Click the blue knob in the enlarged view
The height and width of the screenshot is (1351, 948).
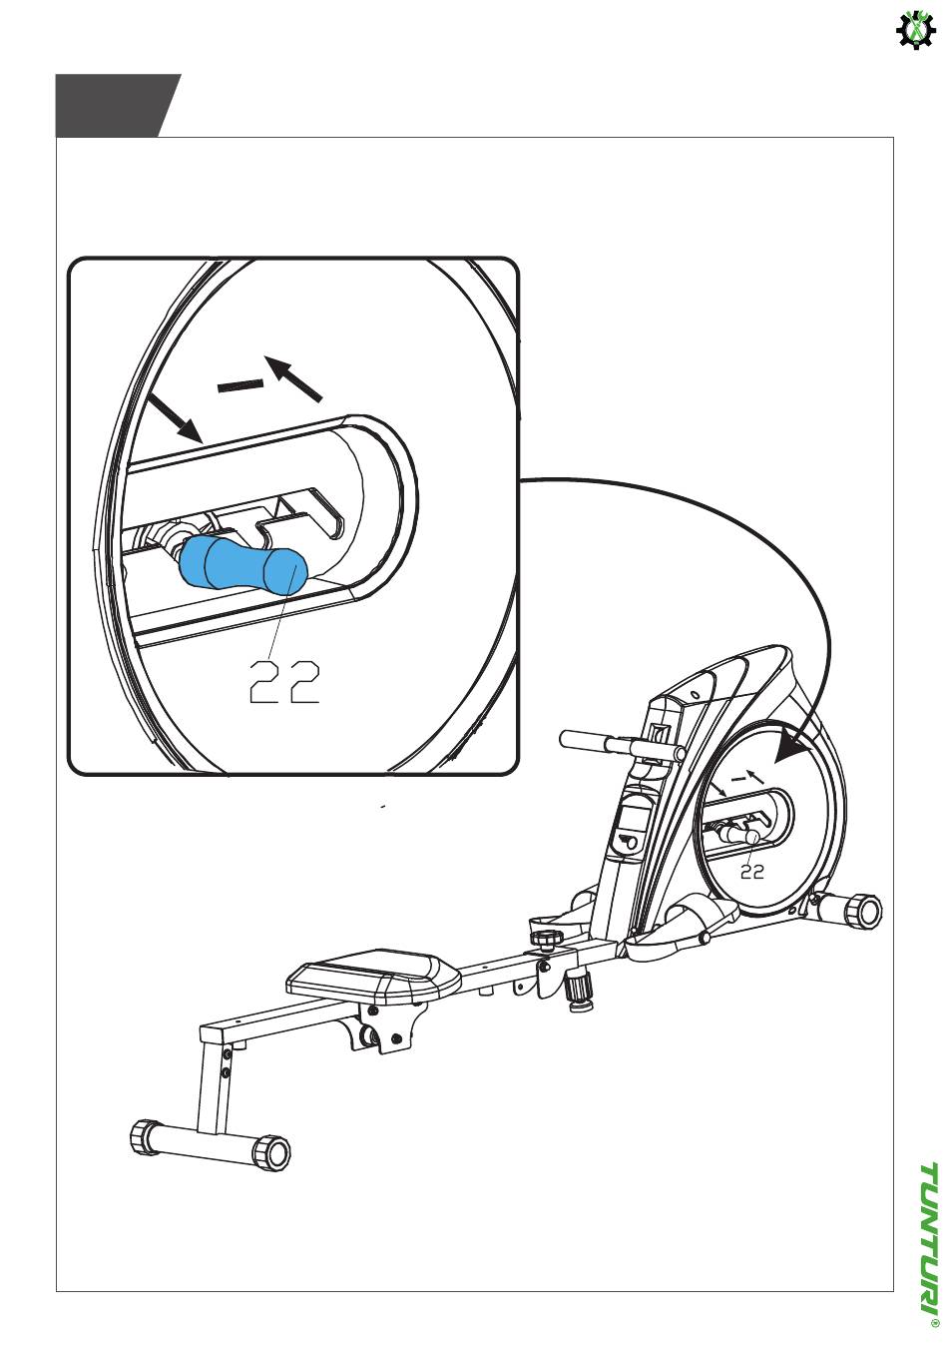[x=243, y=563]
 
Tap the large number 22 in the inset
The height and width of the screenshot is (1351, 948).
[x=284, y=682]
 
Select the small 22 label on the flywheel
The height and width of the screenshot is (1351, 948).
[x=752, y=872]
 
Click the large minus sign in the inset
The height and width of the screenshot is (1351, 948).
[x=240, y=386]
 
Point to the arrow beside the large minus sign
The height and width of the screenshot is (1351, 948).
[x=294, y=378]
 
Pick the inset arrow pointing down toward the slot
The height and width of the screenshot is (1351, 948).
[x=175, y=417]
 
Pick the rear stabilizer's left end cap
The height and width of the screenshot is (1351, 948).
[x=143, y=1135]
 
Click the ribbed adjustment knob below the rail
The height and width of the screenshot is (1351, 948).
[x=579, y=994]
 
